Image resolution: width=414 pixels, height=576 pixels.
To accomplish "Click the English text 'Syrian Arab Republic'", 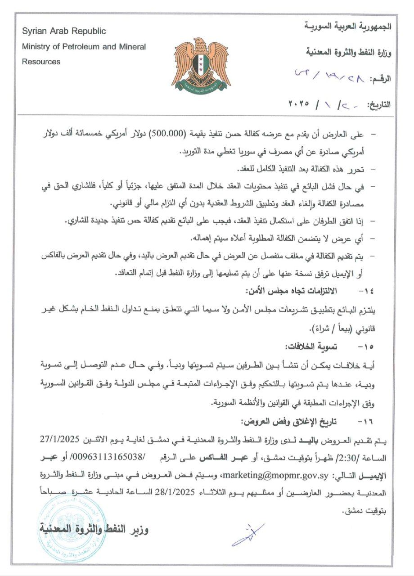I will [64, 31].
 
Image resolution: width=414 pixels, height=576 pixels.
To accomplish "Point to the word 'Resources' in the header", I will [41, 62].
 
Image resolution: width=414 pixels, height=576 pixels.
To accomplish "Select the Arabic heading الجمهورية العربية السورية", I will [347, 27].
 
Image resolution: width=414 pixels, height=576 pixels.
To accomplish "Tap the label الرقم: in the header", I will [380, 79].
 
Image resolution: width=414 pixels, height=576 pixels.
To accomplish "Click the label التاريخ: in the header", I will [378, 105].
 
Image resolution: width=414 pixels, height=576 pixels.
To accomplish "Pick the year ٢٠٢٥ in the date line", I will [299, 103].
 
